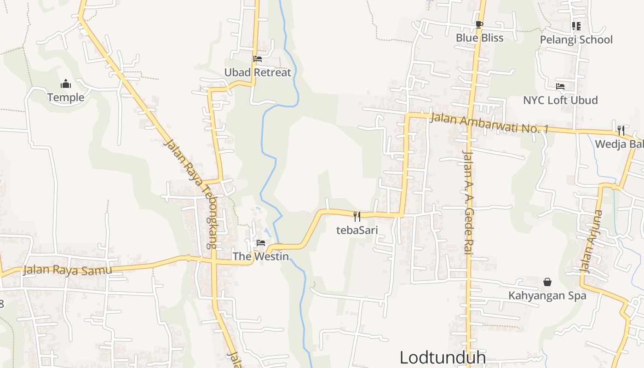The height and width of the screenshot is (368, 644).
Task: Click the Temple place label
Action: point(66,97)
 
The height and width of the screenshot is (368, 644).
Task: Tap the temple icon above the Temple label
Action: point(66,84)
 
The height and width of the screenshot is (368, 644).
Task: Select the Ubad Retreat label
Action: point(258,72)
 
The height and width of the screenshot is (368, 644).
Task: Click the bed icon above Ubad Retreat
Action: point(258,59)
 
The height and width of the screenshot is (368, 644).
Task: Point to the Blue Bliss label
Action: point(479,38)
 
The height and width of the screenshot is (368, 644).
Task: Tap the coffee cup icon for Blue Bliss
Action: point(479,24)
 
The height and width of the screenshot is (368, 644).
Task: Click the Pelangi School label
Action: point(576,40)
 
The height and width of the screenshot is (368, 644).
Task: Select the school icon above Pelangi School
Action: point(576,26)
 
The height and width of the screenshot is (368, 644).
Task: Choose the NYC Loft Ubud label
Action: point(560,100)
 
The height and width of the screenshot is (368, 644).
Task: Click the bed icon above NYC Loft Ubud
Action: point(560,86)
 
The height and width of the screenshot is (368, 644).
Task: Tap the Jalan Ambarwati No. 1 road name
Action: point(489,123)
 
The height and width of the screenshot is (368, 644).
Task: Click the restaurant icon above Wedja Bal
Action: point(621,130)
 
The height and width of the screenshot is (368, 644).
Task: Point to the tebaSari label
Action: point(357,230)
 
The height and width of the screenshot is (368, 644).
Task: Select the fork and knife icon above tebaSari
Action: point(357,216)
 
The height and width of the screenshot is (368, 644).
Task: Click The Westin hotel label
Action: point(260,256)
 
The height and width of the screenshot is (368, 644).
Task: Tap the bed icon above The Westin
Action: point(261,242)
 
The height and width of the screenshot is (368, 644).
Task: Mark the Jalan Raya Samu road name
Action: point(68,270)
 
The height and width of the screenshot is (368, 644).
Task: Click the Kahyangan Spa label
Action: point(547,295)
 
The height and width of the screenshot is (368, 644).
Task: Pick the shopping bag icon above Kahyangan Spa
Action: point(547,282)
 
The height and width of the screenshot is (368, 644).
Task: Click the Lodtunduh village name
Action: point(443,357)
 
